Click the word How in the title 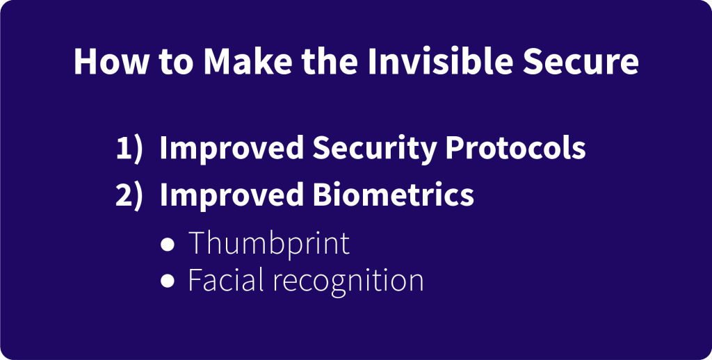111,61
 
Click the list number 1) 129,149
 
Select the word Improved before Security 232,149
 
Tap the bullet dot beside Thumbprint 168,244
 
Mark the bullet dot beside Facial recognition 168,281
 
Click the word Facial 226,279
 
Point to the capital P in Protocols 455,148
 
